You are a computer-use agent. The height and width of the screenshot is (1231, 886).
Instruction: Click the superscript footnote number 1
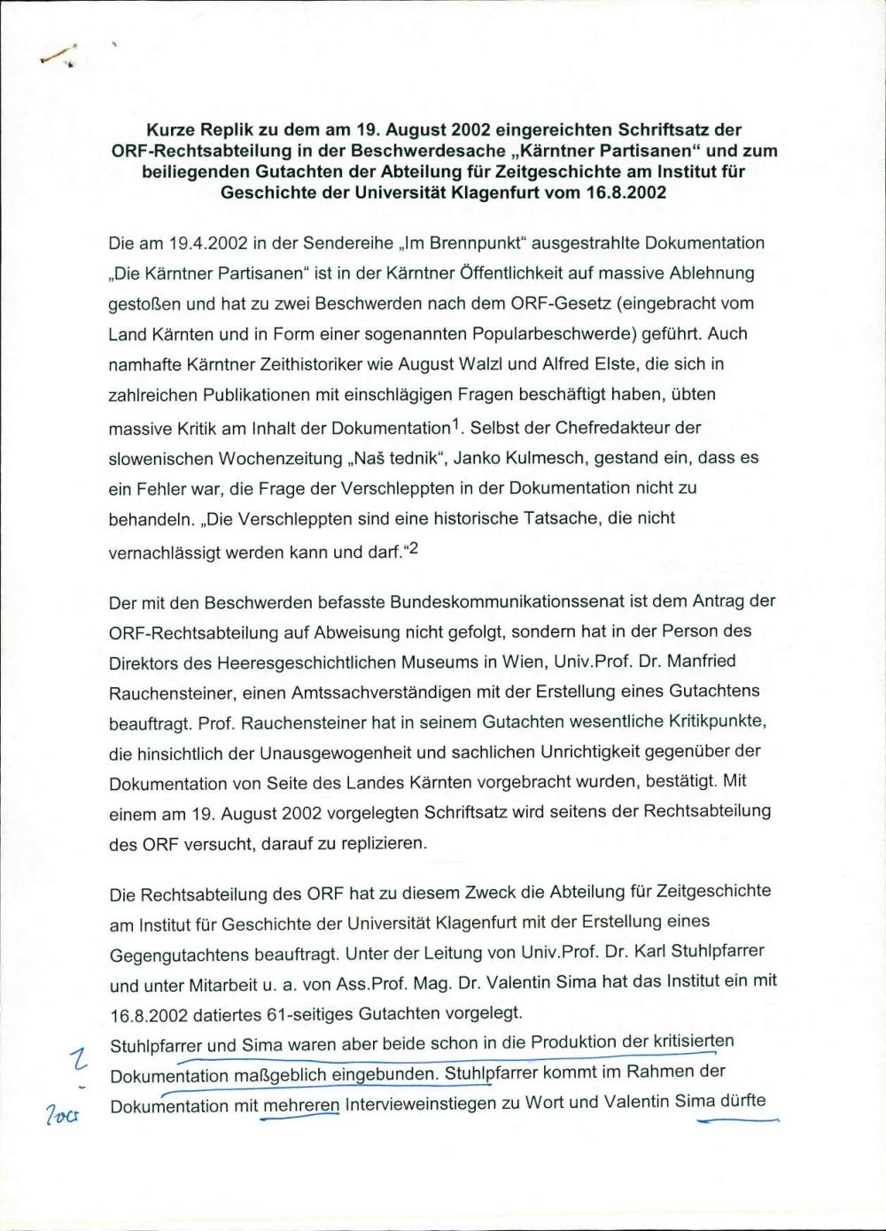coord(456,423)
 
